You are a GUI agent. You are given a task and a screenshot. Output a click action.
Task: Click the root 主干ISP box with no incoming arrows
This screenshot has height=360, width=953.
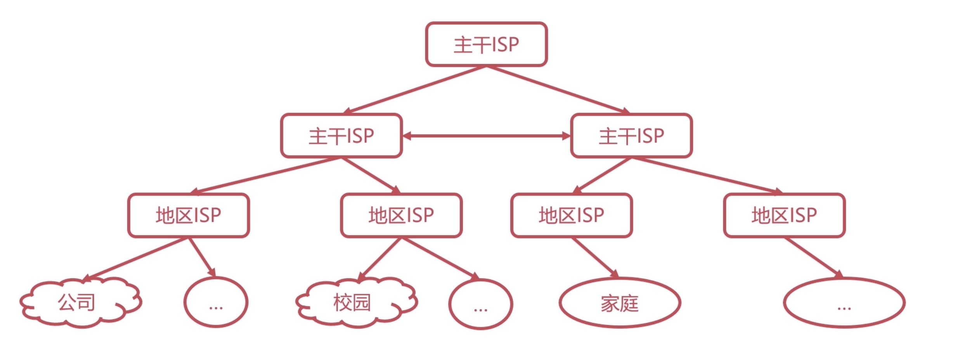[x=486, y=44]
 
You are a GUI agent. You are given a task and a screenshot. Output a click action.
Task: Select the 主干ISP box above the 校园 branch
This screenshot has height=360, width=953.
[x=341, y=136]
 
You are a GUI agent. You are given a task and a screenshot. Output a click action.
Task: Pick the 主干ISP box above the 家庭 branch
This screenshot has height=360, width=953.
[x=631, y=136]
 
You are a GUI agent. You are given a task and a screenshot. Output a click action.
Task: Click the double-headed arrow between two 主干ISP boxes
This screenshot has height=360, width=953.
[x=486, y=136]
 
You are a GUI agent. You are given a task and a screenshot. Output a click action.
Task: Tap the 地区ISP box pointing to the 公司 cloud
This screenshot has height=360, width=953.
[x=188, y=215]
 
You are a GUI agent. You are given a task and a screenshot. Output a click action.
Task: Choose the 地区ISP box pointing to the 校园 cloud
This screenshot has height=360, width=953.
[x=401, y=215]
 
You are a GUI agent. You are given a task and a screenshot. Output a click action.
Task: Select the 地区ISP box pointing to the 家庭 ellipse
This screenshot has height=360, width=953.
[x=571, y=215]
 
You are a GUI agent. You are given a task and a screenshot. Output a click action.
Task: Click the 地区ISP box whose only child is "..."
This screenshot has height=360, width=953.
[x=784, y=215]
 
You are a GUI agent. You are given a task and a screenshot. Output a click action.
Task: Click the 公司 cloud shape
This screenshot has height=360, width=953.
[x=78, y=303]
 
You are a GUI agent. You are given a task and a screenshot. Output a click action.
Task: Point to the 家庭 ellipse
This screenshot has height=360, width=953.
[x=619, y=303]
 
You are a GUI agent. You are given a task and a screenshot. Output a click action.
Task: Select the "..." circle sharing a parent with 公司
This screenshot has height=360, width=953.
[x=216, y=303]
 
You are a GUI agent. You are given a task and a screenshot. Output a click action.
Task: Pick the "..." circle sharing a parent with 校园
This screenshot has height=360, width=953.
[x=480, y=304]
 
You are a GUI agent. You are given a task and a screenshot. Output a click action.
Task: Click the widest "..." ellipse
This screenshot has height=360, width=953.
[x=844, y=303]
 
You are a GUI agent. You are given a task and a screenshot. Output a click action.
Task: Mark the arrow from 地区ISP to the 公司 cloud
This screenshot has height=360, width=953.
[x=136, y=258]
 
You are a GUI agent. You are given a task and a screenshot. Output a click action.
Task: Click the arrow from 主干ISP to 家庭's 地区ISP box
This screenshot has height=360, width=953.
[x=602, y=175]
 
